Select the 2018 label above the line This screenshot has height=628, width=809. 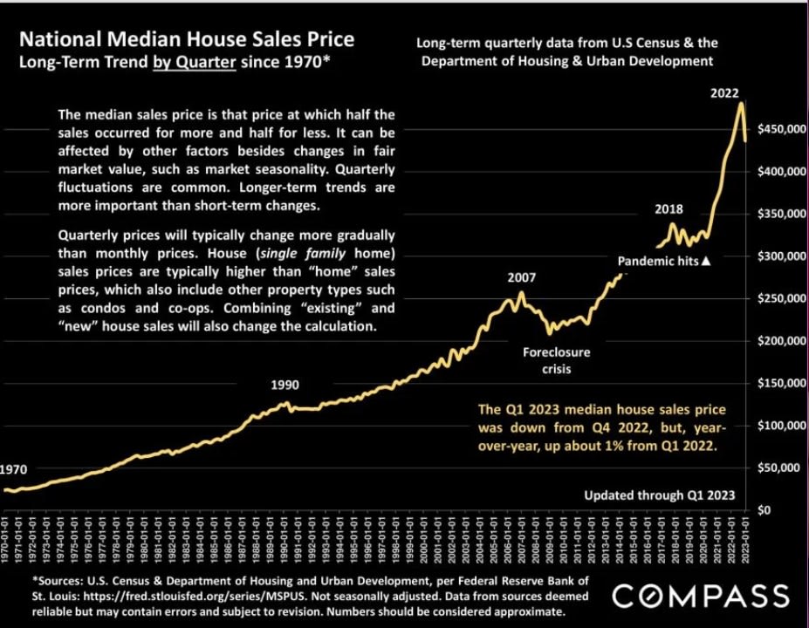[668, 209]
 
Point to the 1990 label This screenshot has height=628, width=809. [285, 384]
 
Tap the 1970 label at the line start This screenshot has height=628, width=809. [13, 468]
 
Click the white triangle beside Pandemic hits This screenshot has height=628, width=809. [707, 261]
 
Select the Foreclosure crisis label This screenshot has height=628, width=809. [556, 361]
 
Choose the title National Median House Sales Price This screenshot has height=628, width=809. [187, 40]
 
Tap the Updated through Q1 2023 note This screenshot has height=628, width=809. [660, 495]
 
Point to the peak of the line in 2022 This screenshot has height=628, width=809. [741, 104]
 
